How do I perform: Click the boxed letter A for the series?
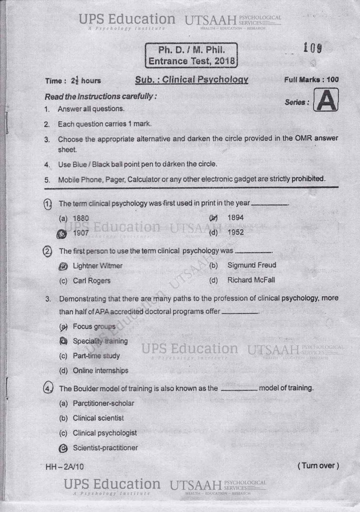click(325, 100)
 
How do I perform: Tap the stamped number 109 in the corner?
click(312, 48)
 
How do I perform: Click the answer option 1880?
click(81, 218)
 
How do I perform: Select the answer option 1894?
click(235, 218)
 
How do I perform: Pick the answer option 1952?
click(235, 232)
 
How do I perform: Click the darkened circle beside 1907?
click(62, 233)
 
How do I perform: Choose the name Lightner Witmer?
click(97, 265)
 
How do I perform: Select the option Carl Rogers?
click(91, 280)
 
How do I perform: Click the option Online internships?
click(100, 370)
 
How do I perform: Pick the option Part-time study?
click(96, 356)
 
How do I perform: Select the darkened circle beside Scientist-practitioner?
click(63, 448)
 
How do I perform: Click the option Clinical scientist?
click(98, 418)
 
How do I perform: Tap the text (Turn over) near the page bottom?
click(318, 465)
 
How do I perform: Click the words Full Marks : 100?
click(311, 80)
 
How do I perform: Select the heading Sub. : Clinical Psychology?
click(191, 80)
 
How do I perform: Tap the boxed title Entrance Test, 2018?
click(191, 62)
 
